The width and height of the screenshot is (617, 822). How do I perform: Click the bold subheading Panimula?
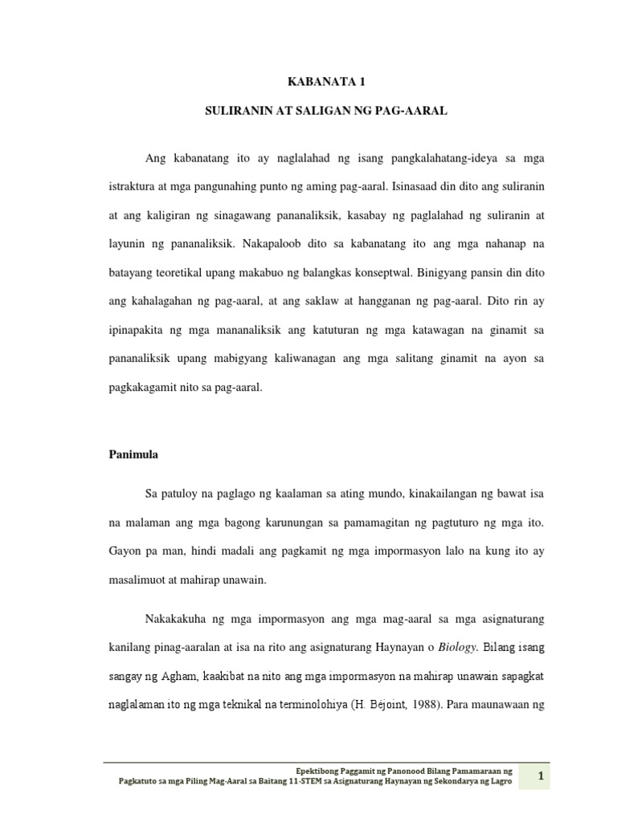click(x=133, y=454)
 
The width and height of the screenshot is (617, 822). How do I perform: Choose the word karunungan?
click(x=288, y=523)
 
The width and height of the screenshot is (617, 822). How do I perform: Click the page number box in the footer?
click(x=541, y=775)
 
